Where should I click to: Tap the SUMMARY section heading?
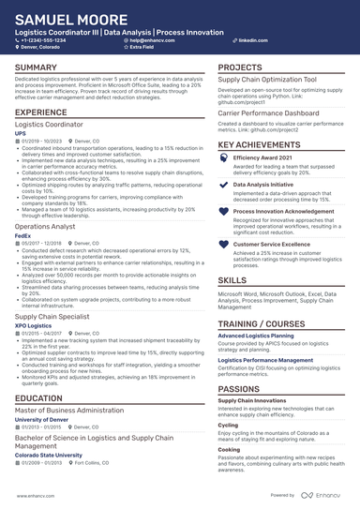pos(36,68)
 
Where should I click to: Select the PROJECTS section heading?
pos(240,68)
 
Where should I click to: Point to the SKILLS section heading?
pos(232,279)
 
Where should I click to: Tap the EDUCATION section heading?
pos(39,398)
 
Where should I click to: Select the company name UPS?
pos(21,133)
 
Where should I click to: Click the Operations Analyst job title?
pos(46,227)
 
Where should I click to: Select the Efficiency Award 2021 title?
pos(265,158)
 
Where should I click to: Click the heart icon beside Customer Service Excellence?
pos(223,244)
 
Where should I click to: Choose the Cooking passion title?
pos(229,449)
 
